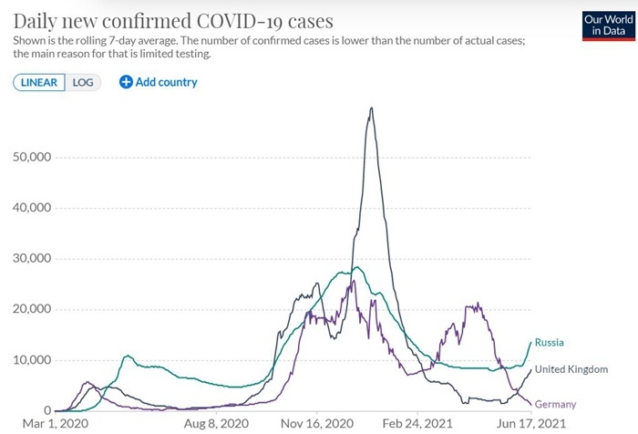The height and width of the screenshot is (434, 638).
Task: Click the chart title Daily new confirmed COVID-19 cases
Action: (173, 19)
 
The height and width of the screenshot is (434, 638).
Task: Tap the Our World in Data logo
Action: (605, 25)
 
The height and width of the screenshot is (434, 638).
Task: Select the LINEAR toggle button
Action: (38, 82)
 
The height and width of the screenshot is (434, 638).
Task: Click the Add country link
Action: (166, 82)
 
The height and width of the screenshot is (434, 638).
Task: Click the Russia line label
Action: (551, 342)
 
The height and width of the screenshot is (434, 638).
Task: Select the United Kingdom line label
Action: (571, 369)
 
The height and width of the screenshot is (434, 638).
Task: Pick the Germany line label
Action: (555, 404)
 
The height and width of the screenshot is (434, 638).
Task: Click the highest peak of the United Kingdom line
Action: (371, 108)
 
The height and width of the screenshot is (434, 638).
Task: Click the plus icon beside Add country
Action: (126, 82)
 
